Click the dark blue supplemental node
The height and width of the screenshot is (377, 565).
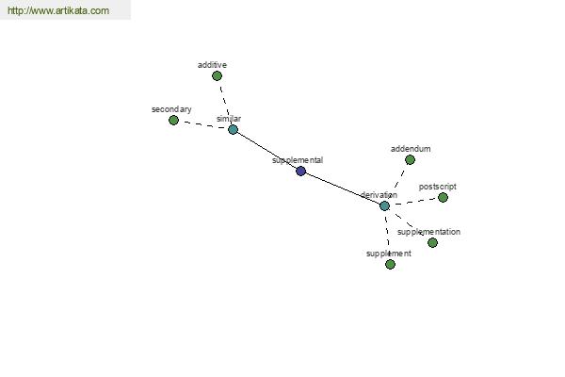(x=301, y=171)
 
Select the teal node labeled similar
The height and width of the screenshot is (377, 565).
(x=234, y=129)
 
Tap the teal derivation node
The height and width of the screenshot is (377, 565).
(x=384, y=205)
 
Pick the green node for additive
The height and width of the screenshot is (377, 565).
(x=217, y=75)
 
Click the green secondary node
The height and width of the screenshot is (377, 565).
(x=173, y=120)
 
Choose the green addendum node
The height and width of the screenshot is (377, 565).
(x=410, y=159)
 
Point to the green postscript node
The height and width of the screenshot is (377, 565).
(x=443, y=197)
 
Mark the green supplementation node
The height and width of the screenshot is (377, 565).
(x=432, y=242)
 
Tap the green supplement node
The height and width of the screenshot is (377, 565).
(x=390, y=265)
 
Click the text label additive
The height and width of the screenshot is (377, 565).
(x=212, y=65)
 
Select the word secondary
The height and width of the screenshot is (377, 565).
(x=171, y=109)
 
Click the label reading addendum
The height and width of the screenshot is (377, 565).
(x=411, y=149)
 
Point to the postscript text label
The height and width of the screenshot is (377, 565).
(x=438, y=187)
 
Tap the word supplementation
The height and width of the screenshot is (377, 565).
(x=428, y=232)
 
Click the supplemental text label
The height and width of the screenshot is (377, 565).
(x=298, y=160)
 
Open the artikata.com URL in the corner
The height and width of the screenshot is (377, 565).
(x=58, y=10)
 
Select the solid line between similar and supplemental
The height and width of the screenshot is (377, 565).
(x=267, y=150)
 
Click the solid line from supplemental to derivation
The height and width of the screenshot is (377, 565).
(x=343, y=188)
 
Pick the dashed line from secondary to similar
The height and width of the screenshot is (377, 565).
(x=203, y=124)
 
